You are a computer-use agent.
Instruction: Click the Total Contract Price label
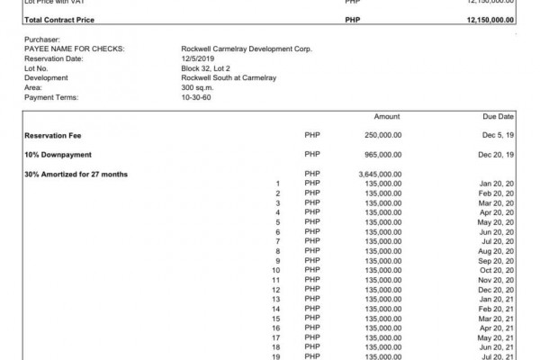click(x=56, y=19)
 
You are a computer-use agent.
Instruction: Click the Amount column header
click(x=387, y=117)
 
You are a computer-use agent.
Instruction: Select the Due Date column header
click(x=499, y=117)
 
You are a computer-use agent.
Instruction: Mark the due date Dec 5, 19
click(x=498, y=135)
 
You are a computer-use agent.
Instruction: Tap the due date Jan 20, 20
click(x=497, y=184)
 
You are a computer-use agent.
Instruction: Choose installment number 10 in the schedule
click(x=277, y=270)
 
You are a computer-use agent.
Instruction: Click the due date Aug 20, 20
click(x=497, y=251)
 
